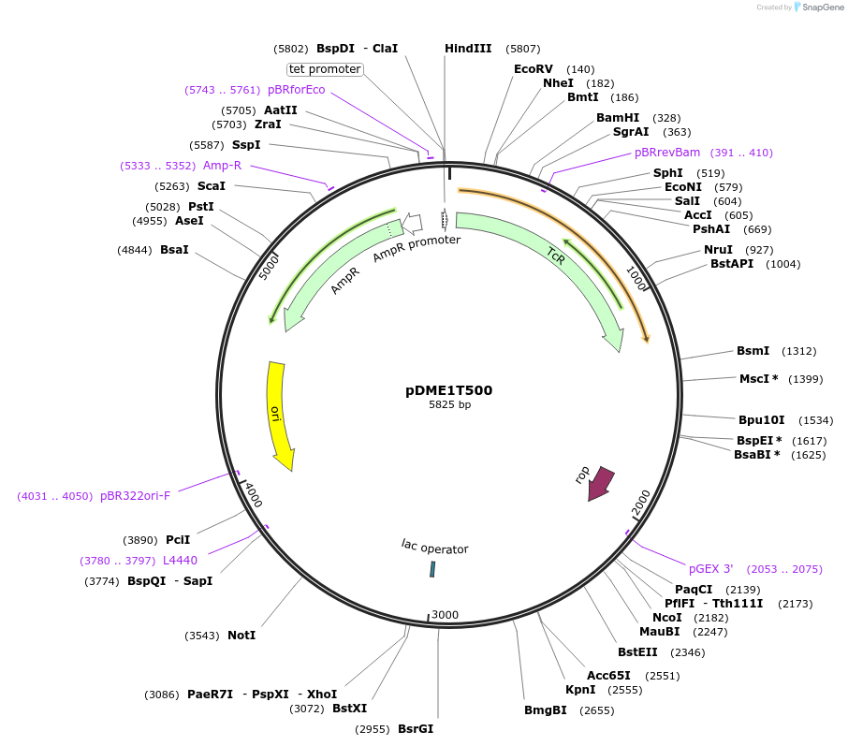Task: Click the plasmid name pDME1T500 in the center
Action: click(449, 390)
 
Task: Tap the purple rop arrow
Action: click(599, 483)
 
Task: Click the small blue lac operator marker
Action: click(432, 569)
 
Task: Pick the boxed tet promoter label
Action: click(325, 69)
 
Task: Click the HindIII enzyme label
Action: click(468, 49)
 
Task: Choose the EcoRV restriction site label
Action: click(534, 69)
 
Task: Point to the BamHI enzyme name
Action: click(618, 118)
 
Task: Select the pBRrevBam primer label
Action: click(667, 153)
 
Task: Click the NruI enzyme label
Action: click(718, 250)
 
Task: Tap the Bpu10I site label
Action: click(761, 420)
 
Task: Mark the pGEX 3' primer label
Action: click(711, 568)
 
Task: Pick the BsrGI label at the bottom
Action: click(416, 729)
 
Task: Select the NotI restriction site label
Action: click(241, 636)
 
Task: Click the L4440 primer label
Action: click(180, 561)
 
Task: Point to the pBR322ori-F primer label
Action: click(136, 496)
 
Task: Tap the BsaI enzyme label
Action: click(174, 250)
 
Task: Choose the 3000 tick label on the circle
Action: click(445, 615)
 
